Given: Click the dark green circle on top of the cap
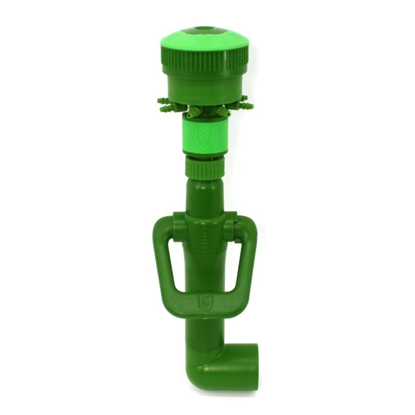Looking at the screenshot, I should (x=204, y=29).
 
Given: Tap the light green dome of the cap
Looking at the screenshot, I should (x=178, y=41).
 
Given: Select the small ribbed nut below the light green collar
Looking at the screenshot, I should (x=204, y=169).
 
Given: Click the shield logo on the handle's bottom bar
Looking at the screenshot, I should (x=205, y=303).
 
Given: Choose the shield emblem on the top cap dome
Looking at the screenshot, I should (x=204, y=40).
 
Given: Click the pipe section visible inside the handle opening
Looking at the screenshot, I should (x=205, y=270).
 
